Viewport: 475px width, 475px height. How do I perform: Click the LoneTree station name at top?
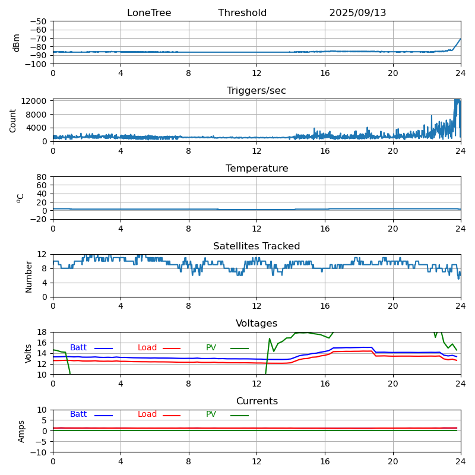(149, 13)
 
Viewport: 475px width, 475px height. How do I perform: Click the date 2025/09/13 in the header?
(357, 13)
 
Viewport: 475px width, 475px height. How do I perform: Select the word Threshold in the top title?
(242, 13)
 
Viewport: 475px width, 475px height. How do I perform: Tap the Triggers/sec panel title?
(256, 91)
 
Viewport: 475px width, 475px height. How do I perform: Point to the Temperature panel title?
(256, 169)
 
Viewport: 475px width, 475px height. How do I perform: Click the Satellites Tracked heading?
(256, 246)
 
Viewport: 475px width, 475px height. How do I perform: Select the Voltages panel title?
(256, 324)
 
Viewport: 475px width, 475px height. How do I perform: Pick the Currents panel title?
(256, 401)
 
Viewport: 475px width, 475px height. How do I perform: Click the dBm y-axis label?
(17, 43)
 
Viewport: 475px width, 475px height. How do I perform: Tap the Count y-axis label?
(13, 121)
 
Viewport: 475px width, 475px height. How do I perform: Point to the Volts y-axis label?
(28, 353)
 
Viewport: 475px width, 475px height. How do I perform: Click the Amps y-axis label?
(21, 431)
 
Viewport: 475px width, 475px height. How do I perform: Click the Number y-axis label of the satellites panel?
(28, 276)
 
